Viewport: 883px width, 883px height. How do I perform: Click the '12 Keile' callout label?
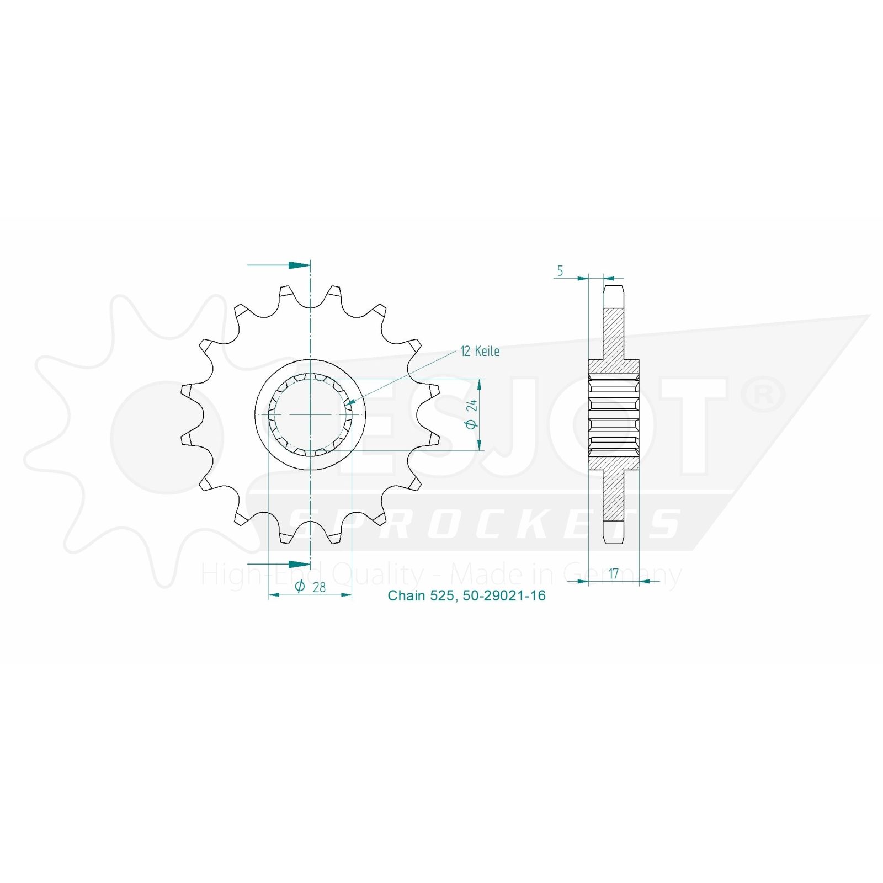(480, 352)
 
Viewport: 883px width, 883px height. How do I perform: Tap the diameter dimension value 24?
(472, 407)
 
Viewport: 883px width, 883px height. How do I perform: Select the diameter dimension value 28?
(318, 587)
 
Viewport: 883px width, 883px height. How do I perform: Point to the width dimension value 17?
(613, 573)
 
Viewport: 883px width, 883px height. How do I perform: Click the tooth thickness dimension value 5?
(560, 271)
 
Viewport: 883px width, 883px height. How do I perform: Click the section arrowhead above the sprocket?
(299, 265)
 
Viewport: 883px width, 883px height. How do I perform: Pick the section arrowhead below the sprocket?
(299, 564)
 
